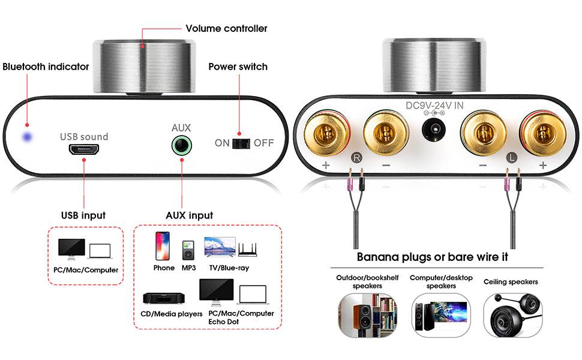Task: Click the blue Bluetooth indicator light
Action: coord(26,137)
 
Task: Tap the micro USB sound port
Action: coord(83,150)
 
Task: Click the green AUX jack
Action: coord(181,145)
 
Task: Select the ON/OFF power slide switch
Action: coord(240,143)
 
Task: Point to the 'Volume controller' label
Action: coord(226,28)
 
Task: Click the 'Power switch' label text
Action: coord(238,67)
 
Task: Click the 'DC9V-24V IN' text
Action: coord(434,106)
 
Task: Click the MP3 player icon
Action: coord(188,249)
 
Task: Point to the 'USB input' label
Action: coord(83,215)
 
